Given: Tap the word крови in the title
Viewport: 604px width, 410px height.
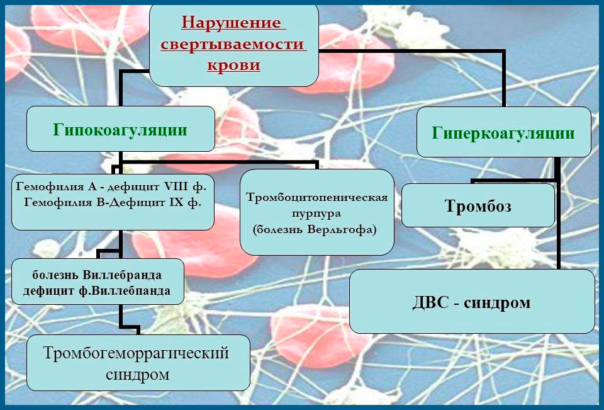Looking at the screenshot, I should pos(233,65).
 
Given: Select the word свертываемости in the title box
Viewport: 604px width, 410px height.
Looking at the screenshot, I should pos(233,45).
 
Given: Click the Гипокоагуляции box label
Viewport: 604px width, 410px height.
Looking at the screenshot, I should pos(120,130).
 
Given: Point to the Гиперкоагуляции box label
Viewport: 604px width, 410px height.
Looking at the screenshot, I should pos(503,134).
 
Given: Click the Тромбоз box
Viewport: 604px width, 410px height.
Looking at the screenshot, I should pos(478,206).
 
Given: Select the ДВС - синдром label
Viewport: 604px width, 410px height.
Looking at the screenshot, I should pos(472,302).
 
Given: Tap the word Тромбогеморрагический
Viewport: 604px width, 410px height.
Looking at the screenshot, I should pos(136,353).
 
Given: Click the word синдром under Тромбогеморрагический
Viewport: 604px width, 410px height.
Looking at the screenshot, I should pos(136,374).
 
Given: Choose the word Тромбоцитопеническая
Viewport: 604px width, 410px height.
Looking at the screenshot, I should pos(316,196).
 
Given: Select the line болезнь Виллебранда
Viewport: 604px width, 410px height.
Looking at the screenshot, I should pos(98,275).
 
